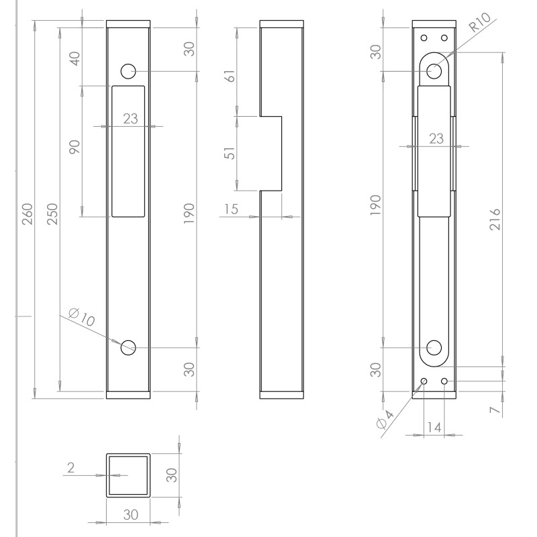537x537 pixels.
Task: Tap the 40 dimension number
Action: click(75, 58)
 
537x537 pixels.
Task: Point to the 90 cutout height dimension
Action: click(75, 147)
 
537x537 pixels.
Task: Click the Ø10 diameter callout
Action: click(83, 316)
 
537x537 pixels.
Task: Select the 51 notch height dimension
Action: click(230, 153)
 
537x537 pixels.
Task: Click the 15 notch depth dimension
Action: click(231, 209)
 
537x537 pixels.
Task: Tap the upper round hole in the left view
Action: click(128, 71)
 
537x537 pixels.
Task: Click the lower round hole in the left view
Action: click(128, 347)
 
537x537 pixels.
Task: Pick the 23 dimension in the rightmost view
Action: click(436, 138)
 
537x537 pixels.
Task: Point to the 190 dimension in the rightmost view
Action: click(376, 205)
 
